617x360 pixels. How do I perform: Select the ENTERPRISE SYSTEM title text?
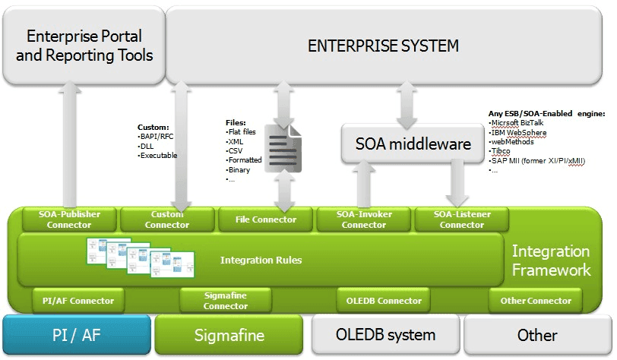pos(383,46)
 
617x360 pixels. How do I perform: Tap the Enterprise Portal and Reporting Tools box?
pos(84,46)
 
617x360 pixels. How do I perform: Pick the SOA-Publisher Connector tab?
pos(69,219)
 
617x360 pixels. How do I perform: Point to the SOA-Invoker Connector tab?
pos(363,219)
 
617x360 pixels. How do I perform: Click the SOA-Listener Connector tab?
pos(461,219)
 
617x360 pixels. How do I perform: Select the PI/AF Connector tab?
pos(78,301)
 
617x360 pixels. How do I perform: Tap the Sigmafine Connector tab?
pos(226,301)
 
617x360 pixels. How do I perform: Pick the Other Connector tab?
pos(535,301)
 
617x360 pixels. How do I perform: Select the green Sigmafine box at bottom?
pos(229,334)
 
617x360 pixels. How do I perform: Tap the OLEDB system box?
pos(385,334)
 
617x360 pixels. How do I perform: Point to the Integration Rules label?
pos(261,261)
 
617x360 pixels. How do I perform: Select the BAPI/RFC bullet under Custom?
pos(158,136)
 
